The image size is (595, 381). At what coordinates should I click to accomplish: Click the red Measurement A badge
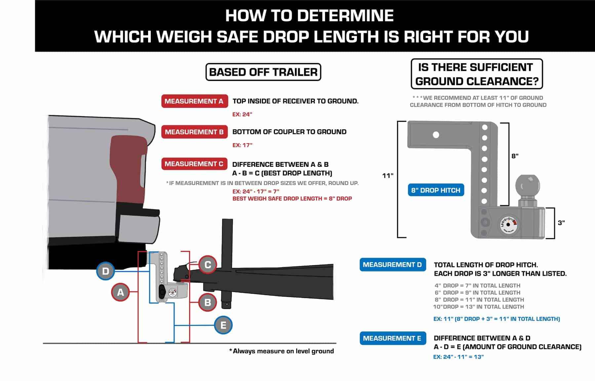[x=194, y=101]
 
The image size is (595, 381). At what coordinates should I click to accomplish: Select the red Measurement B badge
[x=194, y=132]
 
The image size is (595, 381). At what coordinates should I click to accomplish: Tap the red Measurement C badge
[x=194, y=164]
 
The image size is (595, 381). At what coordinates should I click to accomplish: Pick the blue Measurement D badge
[x=392, y=265]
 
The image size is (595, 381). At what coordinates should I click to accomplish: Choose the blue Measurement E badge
[x=392, y=338]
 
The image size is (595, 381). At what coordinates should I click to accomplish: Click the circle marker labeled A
[x=121, y=292]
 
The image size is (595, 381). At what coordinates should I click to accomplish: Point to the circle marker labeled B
[x=208, y=302]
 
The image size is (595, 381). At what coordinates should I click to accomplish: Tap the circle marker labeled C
[x=208, y=265]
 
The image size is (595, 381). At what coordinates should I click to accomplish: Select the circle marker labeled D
[x=105, y=271]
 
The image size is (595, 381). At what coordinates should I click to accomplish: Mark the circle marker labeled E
[x=223, y=325]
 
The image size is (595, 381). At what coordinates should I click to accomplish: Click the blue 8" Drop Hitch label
[x=436, y=190]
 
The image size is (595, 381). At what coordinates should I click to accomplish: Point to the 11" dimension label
[x=388, y=175]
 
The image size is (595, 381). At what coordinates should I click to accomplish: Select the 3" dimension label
[x=561, y=223]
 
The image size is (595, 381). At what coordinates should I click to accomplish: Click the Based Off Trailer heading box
[x=263, y=72]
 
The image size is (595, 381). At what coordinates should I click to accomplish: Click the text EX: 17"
[x=242, y=145]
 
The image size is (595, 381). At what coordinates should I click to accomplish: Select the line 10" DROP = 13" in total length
[x=479, y=307]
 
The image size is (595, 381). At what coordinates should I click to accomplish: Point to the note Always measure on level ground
[x=281, y=351]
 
